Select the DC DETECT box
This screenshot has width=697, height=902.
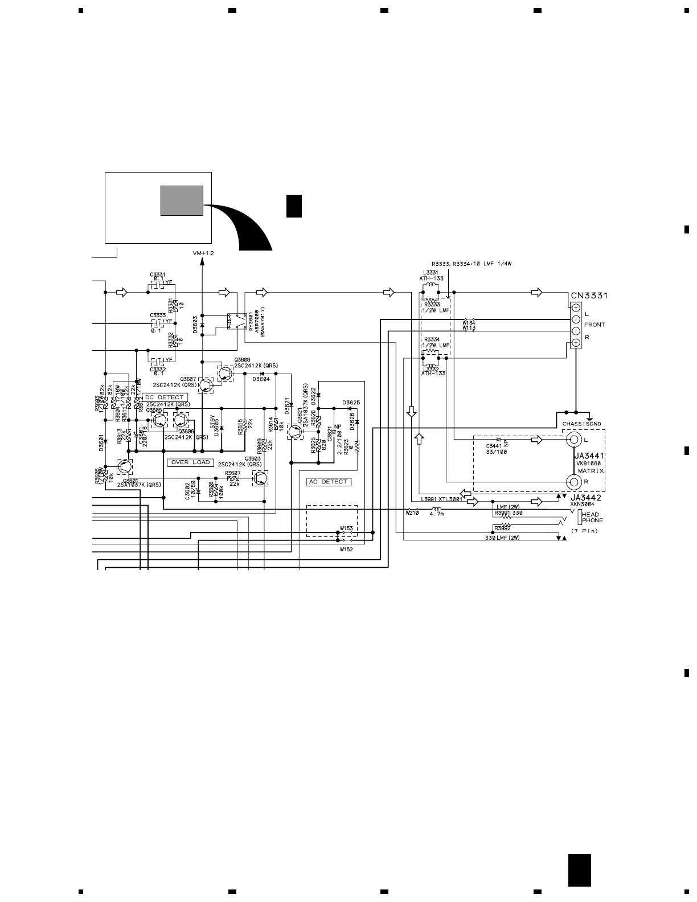[x=165, y=397]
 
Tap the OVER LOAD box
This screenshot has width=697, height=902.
[x=190, y=462]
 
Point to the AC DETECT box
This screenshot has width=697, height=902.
[x=329, y=482]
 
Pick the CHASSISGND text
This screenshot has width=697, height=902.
[x=581, y=424]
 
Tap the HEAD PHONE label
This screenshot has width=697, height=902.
[x=592, y=517]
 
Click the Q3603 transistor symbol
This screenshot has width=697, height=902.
[x=260, y=478]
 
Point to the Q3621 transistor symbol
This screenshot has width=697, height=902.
[x=295, y=431]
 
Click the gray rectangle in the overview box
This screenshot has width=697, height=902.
[x=182, y=200]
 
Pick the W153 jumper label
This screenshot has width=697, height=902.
[x=346, y=528]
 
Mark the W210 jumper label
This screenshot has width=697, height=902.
[x=412, y=512]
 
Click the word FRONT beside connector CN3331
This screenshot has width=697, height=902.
[x=594, y=325]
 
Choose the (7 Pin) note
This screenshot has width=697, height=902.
[x=585, y=531]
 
